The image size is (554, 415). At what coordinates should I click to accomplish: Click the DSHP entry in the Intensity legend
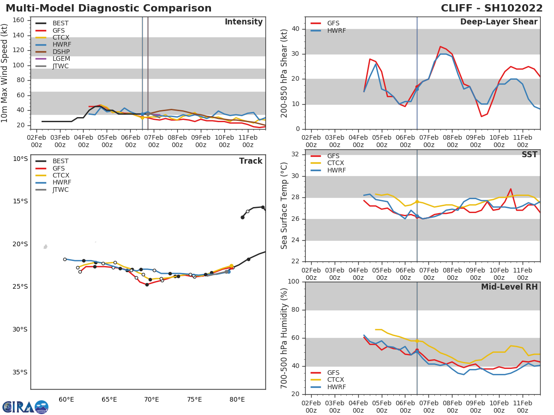click(60, 52)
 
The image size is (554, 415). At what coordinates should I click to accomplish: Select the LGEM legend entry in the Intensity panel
click(61, 59)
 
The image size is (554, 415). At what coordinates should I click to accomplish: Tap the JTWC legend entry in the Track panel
click(60, 190)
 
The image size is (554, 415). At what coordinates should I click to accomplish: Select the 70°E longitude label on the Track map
click(151, 399)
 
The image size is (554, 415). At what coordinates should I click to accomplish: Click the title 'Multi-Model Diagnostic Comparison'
click(108, 8)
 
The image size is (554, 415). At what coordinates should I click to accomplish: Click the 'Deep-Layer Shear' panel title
click(499, 22)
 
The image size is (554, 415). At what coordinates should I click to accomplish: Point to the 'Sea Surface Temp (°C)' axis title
click(284, 206)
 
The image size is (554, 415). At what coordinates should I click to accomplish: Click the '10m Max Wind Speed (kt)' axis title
click(5, 73)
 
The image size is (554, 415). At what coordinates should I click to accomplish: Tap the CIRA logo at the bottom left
click(25, 407)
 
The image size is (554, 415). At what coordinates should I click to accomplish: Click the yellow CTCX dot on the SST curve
click(417, 202)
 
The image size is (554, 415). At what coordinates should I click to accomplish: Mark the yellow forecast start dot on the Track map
click(231, 266)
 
